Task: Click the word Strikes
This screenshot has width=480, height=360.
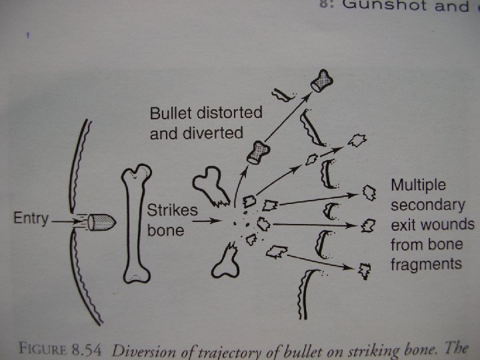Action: pos(172,210)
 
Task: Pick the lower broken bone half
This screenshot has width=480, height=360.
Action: pos(225,260)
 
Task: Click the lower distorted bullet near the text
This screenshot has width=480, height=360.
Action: pos(258,153)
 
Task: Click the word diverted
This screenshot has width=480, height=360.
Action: pos(215,133)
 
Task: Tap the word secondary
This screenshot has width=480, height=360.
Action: pos(427,204)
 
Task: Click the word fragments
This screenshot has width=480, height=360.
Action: pos(426,264)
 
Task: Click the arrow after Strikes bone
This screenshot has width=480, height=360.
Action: pos(213,219)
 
